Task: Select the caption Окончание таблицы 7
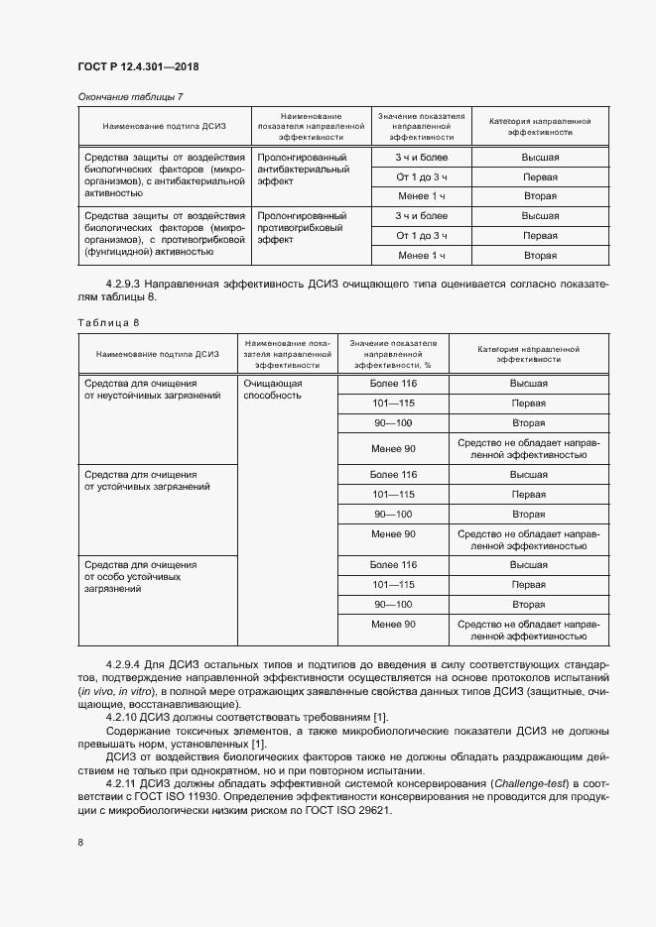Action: coord(130,96)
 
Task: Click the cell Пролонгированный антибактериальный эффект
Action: coord(302,170)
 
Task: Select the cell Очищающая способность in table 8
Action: coord(273,389)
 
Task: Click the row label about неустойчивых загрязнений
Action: coord(139,389)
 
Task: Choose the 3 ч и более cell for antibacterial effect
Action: coord(421,158)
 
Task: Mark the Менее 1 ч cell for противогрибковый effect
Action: coord(421,255)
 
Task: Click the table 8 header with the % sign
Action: coord(392,353)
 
